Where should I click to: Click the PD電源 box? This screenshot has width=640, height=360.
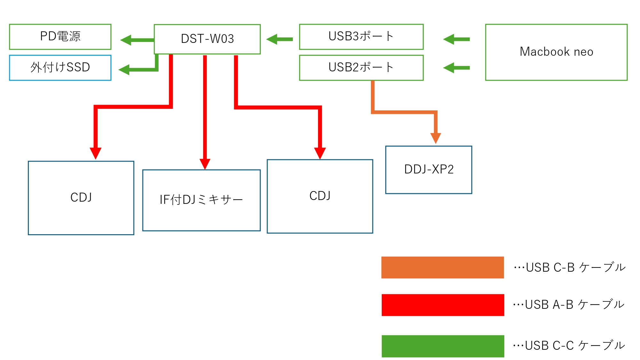[60, 36]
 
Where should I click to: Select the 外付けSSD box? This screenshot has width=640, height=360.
[60, 68]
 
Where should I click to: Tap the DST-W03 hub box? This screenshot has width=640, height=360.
[207, 39]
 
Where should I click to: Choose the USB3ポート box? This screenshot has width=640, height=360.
[361, 36]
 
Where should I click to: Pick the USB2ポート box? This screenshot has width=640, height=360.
[361, 68]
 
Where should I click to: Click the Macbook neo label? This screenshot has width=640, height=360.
[556, 52]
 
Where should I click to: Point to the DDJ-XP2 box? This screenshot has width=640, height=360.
[429, 170]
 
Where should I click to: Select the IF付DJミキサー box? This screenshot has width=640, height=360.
[201, 200]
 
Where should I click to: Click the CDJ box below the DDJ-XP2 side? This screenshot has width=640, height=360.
[320, 196]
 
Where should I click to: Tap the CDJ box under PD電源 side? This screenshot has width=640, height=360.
[81, 198]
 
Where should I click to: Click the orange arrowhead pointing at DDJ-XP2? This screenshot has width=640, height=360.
[436, 138]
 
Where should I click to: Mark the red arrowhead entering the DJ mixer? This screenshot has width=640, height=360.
[205, 164]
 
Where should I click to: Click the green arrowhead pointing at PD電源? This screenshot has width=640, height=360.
[126, 40]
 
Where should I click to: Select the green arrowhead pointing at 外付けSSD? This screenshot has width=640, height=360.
[124, 69]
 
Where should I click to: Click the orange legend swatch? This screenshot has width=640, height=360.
[443, 268]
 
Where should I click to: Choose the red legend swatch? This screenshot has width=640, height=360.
[443, 305]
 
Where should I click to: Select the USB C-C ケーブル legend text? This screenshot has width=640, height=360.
[569, 346]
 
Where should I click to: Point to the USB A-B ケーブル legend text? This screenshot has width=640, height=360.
[569, 305]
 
